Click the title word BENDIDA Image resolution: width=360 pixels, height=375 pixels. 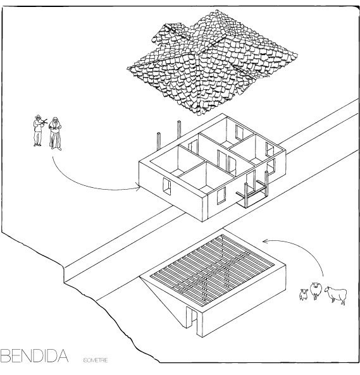[34, 355]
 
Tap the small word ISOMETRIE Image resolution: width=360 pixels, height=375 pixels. [96, 360]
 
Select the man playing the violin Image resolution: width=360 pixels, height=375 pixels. [38, 130]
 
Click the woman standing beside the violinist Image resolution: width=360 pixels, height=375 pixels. [56, 133]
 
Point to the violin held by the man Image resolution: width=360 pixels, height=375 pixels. [44, 122]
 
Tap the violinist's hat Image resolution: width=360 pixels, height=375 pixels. [38, 116]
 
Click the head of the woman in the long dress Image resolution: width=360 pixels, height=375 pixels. [55, 120]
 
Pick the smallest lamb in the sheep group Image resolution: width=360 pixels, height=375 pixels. [303, 295]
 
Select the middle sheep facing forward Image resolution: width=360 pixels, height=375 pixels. [316, 290]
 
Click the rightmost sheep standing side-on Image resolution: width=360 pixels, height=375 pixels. [336, 295]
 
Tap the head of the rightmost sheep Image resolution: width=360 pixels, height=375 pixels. [328, 290]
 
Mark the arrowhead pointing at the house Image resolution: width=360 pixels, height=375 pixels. [138, 187]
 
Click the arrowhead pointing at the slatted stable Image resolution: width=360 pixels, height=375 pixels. [265, 241]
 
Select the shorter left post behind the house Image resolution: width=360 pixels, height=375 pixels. [159, 141]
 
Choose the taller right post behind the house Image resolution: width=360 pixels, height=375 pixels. [179, 130]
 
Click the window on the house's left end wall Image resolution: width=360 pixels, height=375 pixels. [167, 187]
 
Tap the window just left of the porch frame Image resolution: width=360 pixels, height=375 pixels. [221, 195]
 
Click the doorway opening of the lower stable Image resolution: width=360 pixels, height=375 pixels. [192, 317]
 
